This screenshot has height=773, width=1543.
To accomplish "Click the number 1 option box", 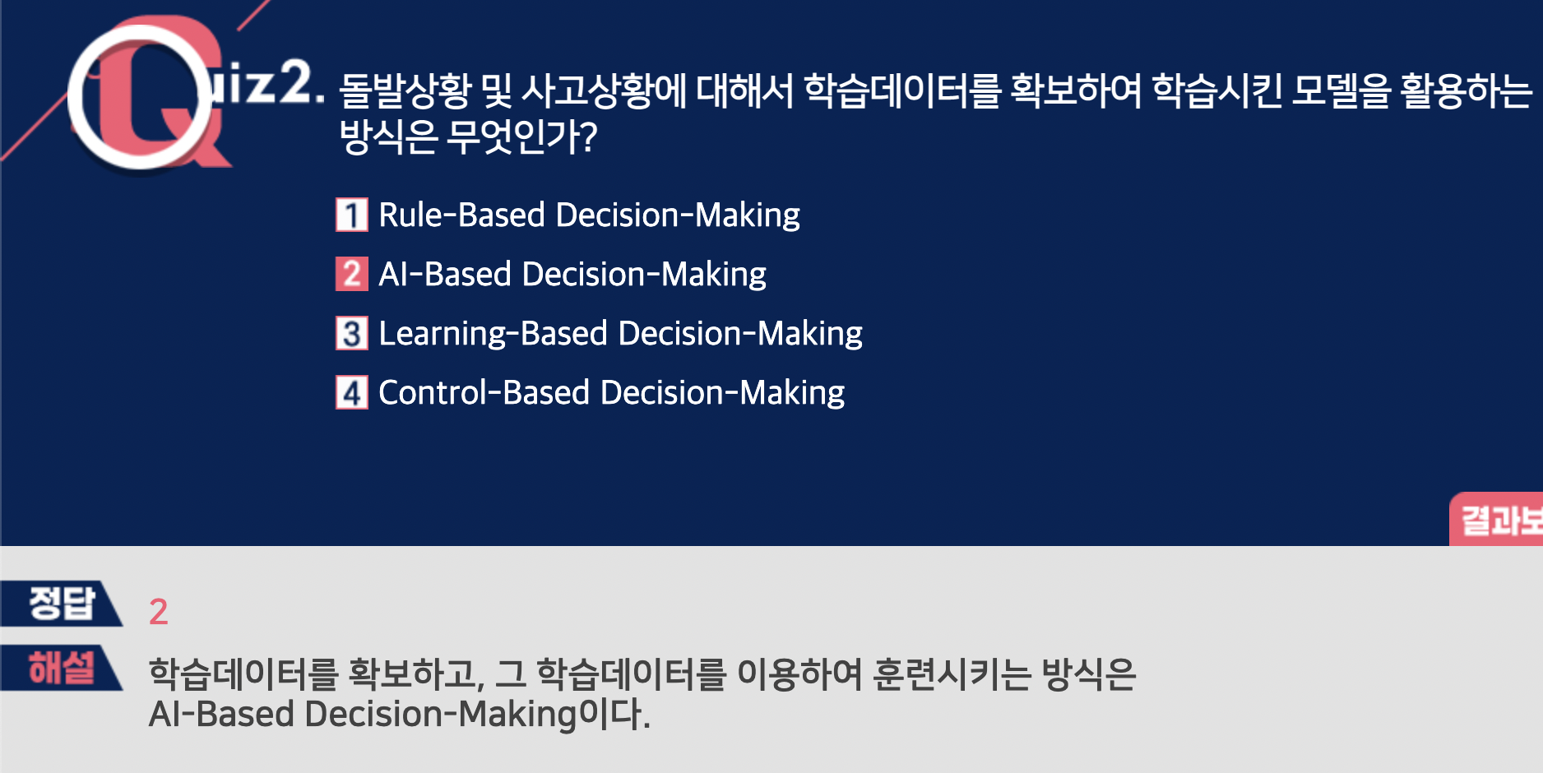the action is pos(351,215).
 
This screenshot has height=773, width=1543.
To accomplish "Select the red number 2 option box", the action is pos(351,274).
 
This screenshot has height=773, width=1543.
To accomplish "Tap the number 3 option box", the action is pos(351,333).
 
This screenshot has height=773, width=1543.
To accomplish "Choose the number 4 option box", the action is pos(351,392).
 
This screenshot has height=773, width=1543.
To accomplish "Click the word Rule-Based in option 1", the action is pos(462,215).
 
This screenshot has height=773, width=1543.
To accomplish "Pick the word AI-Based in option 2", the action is pos(445,275).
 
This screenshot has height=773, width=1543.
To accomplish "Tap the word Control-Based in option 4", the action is pos(484,393).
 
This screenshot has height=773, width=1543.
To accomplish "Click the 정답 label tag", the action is pos(62,603).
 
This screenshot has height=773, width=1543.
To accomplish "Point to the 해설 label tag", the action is pos(62,667).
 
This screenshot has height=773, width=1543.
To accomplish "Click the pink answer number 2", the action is pos(159,612).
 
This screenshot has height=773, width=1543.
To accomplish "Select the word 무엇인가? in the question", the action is pos(521,137).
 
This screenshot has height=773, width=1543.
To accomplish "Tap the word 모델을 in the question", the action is pos(1340,90).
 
